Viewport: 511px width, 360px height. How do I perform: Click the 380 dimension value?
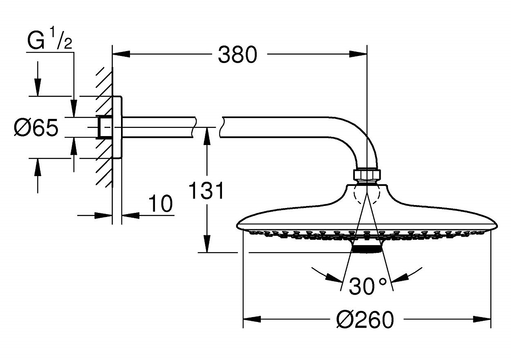click(238, 54)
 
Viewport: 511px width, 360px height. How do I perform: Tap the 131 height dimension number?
click(207, 191)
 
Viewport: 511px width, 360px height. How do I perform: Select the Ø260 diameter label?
click(365, 319)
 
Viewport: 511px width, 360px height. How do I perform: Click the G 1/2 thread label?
click(49, 42)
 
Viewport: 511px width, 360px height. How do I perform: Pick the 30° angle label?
click(367, 286)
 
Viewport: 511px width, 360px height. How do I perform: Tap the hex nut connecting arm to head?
click(367, 174)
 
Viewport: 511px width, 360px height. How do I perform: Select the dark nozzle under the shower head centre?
click(367, 248)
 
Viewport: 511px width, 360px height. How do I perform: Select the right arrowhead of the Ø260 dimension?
click(482, 319)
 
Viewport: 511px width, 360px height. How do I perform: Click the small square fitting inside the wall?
click(104, 127)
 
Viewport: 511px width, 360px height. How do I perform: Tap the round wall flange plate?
click(117, 127)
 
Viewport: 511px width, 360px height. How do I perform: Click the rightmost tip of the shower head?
click(497, 225)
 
